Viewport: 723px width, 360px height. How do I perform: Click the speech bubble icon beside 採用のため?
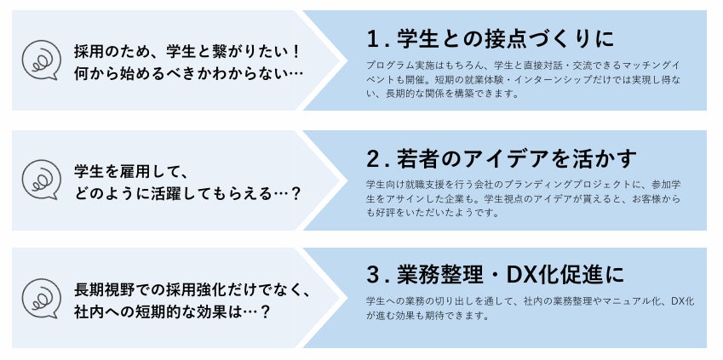point(41,60)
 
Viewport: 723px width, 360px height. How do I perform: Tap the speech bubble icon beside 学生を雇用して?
point(41,179)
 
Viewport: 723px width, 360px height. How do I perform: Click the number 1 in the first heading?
point(372,39)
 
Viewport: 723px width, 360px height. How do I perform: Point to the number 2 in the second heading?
point(373,158)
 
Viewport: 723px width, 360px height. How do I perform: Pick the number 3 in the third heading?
point(373,276)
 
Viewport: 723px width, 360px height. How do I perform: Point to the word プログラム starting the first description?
point(387,65)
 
